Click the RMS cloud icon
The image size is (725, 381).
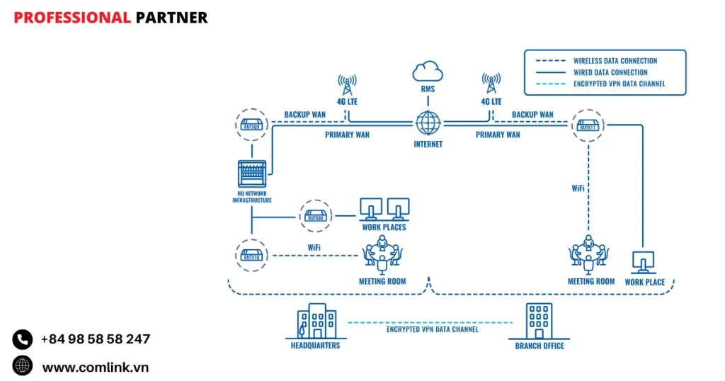pyautogui.click(x=428, y=71)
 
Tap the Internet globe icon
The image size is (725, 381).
pyautogui.click(x=428, y=123)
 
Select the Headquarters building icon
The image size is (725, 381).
pyautogui.click(x=315, y=323)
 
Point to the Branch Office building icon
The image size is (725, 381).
pyautogui.click(x=540, y=322)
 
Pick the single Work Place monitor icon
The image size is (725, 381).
pyautogui.click(x=644, y=263)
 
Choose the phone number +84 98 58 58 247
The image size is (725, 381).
pyautogui.click(x=96, y=339)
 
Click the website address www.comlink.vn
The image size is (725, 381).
pyautogui.click(x=96, y=367)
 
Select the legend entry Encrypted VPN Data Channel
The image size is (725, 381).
pyautogui.click(x=620, y=84)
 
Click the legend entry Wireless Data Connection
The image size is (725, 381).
pyautogui.click(x=615, y=61)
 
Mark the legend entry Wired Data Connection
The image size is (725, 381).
pyautogui.click(x=610, y=72)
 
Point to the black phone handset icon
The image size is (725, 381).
pyautogui.click(x=23, y=340)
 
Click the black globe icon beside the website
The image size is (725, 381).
pyautogui.click(x=23, y=366)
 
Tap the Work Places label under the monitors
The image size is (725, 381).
pyautogui.click(x=384, y=227)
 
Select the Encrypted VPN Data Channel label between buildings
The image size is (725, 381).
pyautogui.click(x=432, y=329)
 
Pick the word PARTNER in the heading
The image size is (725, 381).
pyautogui.click(x=171, y=18)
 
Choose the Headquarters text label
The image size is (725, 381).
pyautogui.click(x=315, y=346)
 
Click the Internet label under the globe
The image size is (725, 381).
pyautogui.click(x=428, y=144)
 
